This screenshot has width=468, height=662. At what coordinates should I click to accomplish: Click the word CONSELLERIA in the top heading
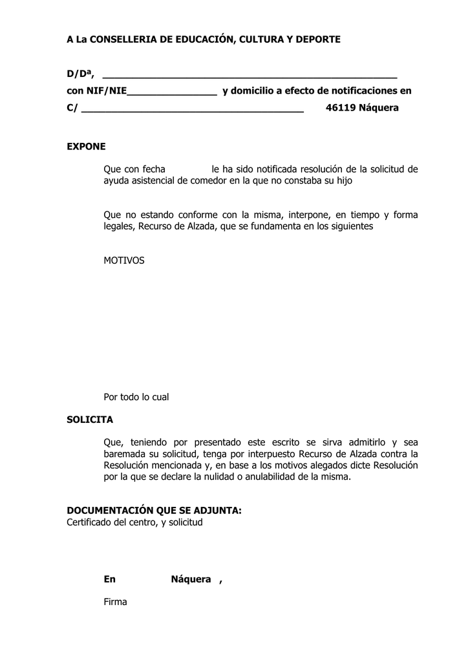point(118,39)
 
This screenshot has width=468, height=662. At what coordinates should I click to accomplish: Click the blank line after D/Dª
point(250,76)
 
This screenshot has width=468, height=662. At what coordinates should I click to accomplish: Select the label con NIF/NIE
point(97,91)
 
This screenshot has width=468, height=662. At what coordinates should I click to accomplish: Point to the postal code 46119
point(341,108)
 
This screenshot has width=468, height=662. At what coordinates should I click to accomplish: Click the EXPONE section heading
point(86,147)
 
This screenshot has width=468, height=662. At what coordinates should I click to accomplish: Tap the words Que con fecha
point(134,169)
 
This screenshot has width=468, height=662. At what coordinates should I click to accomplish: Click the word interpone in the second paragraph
point(309,215)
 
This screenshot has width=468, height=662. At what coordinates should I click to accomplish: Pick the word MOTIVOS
point(124,261)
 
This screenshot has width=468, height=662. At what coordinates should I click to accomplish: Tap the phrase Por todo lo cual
point(136,397)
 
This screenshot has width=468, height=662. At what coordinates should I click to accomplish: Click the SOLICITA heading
point(90,420)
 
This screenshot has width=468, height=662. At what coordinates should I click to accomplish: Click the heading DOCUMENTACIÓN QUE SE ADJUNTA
point(154,510)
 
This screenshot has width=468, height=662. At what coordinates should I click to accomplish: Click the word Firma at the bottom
point(115,602)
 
